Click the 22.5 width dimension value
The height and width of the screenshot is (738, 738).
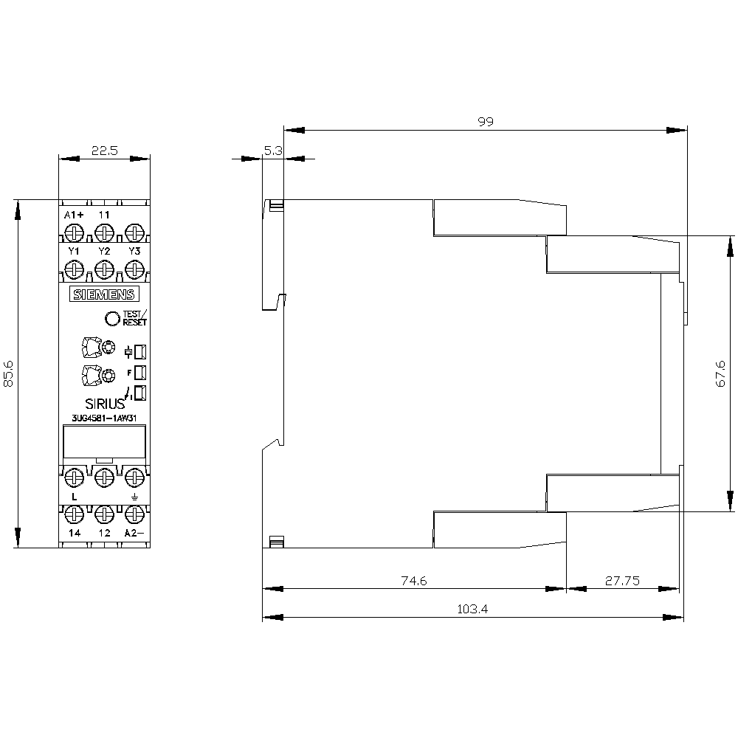tap(105, 151)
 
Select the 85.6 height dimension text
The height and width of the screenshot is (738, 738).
tap(8, 374)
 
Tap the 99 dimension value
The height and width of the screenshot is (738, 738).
tap(486, 122)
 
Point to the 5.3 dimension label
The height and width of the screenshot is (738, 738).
tap(273, 151)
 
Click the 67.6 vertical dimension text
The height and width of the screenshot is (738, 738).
tap(720, 374)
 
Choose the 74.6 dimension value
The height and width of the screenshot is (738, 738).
tap(414, 581)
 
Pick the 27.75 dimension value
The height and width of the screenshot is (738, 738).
tap(622, 581)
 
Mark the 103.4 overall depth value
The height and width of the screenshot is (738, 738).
tap(472, 609)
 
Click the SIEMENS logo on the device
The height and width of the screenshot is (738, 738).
tap(105, 294)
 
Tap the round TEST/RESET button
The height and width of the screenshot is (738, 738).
tap(112, 319)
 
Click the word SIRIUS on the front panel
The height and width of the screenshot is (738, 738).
tap(105, 404)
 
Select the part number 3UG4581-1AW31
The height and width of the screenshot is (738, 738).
tap(105, 418)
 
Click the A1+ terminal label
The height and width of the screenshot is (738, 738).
tap(74, 215)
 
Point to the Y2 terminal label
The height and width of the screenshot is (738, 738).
tap(105, 252)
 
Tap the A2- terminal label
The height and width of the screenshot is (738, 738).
tap(134, 533)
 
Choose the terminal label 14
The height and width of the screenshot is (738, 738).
tap(75, 533)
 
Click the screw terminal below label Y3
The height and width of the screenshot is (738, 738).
tap(134, 271)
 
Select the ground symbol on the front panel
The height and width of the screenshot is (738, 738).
tap(134, 497)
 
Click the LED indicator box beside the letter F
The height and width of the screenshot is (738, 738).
tap(140, 373)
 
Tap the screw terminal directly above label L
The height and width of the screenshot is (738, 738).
tap(75, 477)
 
